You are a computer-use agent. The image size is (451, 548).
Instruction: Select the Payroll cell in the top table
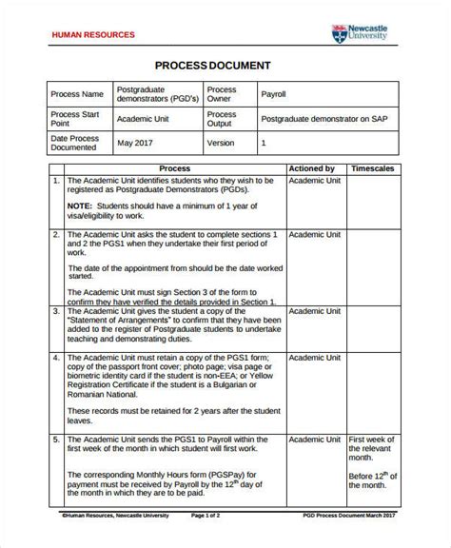[x=275, y=95]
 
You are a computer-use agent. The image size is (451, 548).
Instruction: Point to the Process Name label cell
[x=79, y=95]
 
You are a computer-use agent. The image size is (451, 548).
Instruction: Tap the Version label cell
[x=221, y=144]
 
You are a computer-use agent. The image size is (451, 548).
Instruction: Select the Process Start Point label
[x=79, y=120]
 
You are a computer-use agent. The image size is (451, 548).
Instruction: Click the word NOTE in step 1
[x=80, y=205]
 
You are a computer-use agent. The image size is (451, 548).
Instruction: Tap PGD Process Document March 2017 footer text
[x=349, y=540]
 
